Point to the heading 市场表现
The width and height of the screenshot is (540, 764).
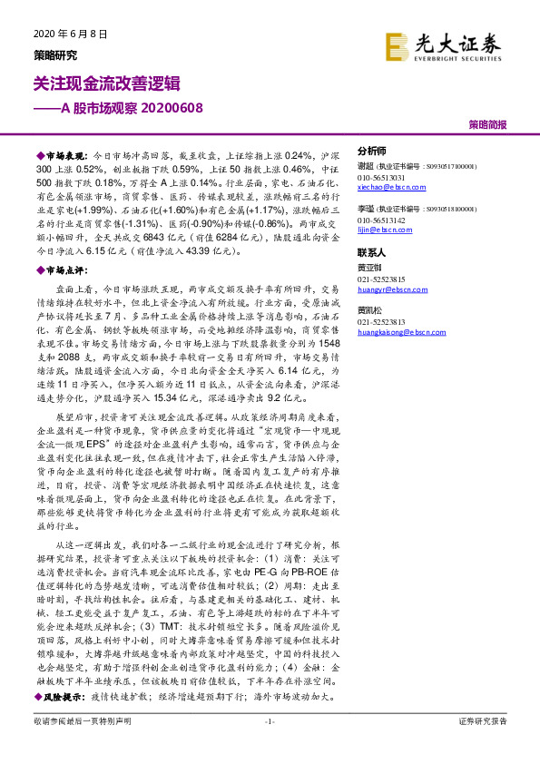pyautogui.click(x=64, y=156)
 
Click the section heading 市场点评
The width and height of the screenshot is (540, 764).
pyautogui.click(x=64, y=270)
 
